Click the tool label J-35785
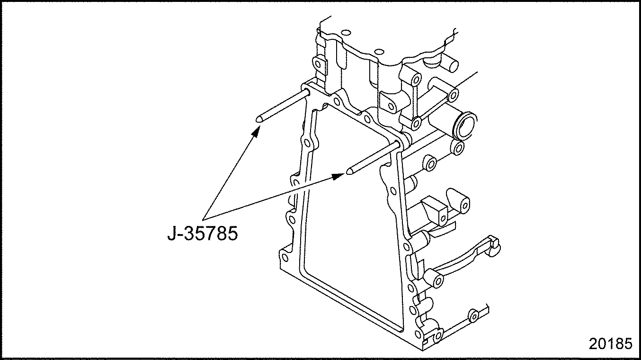[203, 234]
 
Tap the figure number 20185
[610, 344]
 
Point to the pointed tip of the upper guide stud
[258, 119]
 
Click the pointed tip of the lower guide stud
[349, 171]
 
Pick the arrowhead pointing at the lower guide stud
[338, 176]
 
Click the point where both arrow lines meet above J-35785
[203, 220]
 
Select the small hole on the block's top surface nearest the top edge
[346, 32]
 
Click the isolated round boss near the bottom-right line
[473, 316]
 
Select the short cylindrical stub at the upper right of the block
[450, 66]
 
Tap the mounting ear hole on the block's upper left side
[318, 64]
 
